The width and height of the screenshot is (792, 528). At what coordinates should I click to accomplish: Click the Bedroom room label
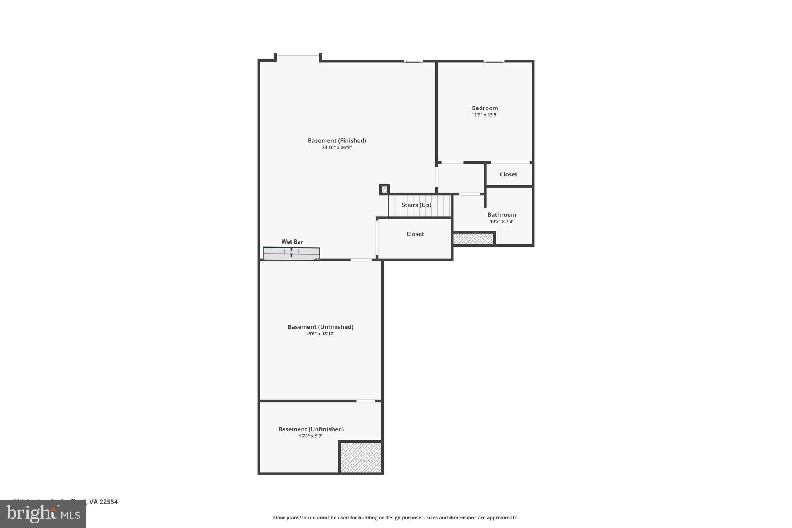pyautogui.click(x=485, y=108)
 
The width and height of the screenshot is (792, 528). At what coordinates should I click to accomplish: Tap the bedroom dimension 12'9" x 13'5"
pyautogui.click(x=485, y=115)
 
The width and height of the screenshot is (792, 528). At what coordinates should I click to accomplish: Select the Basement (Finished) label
pyautogui.click(x=336, y=141)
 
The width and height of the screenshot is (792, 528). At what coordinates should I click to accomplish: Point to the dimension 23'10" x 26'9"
pyautogui.click(x=336, y=147)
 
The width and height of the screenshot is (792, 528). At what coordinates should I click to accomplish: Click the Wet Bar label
pyautogui.click(x=292, y=242)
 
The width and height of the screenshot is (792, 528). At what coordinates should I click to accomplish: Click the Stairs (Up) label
pyautogui.click(x=416, y=205)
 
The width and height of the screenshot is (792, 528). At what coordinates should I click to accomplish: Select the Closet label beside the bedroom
pyautogui.click(x=508, y=174)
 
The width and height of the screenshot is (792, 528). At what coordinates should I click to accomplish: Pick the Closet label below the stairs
pyautogui.click(x=415, y=234)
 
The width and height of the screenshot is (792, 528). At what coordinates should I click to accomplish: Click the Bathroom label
pyautogui.click(x=502, y=215)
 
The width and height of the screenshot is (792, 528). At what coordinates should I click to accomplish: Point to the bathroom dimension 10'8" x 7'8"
pyautogui.click(x=502, y=221)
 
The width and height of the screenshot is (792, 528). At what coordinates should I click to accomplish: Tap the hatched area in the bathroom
pyautogui.click(x=473, y=239)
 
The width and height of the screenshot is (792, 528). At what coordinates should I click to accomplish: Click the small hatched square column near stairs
pyautogui.click(x=384, y=190)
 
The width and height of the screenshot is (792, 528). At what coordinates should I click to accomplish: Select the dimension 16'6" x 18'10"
pyautogui.click(x=320, y=334)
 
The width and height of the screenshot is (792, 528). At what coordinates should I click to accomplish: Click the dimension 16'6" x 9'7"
pyautogui.click(x=311, y=436)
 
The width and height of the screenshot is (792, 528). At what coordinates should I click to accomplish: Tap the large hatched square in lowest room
pyautogui.click(x=361, y=457)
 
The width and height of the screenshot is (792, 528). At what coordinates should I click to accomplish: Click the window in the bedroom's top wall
pyautogui.click(x=494, y=61)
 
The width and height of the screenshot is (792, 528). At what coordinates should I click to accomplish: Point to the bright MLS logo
pyautogui.click(x=43, y=514)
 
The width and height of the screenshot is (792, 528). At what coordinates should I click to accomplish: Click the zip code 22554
pyautogui.click(x=108, y=502)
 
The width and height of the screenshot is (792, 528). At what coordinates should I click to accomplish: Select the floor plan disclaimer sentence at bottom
pyautogui.click(x=396, y=518)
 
